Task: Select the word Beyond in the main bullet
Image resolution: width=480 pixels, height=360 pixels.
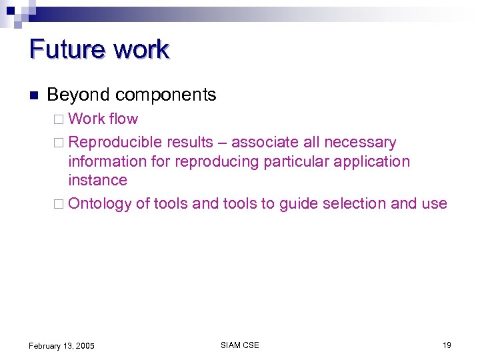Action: tap(75, 95)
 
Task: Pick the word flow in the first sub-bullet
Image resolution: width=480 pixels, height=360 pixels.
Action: tap(123, 119)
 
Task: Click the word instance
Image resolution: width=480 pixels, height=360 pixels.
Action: tap(97, 180)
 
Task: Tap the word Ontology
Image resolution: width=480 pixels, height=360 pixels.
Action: tap(100, 204)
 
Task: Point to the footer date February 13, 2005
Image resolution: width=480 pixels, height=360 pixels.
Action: tap(61, 345)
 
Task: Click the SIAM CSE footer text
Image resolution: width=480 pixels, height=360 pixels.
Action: tap(239, 345)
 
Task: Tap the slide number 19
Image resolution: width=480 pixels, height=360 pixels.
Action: tap(447, 345)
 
